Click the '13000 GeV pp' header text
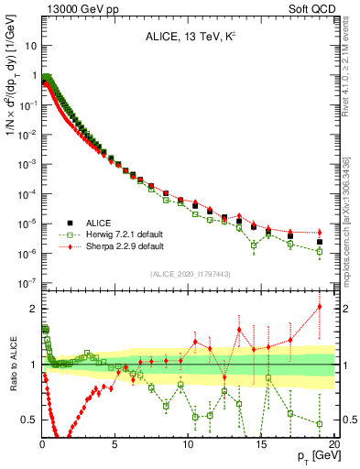75,8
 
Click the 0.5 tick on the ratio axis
28,420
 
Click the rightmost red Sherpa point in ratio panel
320,306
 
